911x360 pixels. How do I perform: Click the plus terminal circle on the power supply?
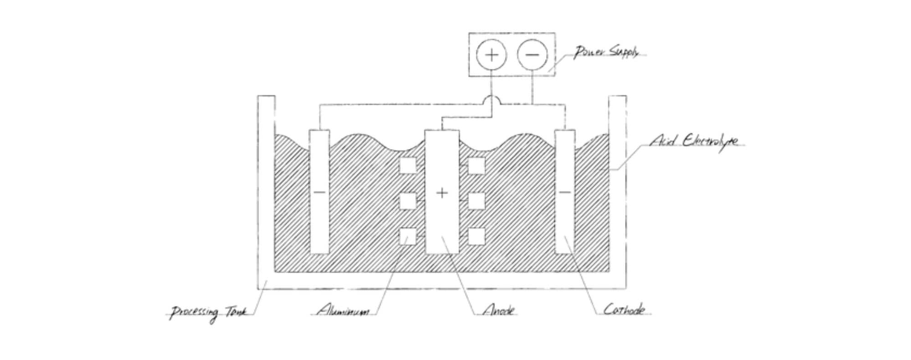click(x=491, y=55)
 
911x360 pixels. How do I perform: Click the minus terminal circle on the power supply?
click(x=532, y=55)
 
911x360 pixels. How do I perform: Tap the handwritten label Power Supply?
click(x=605, y=52)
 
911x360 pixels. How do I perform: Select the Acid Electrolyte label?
click(x=693, y=141)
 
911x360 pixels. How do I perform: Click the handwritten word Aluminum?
click(x=343, y=311)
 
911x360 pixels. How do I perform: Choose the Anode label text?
click(x=499, y=311)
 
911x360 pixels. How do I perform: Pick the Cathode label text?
click(x=624, y=310)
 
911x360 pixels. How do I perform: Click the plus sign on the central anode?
click(x=441, y=193)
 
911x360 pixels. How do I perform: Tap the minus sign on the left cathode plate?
click(x=319, y=192)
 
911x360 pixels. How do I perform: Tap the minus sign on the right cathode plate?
click(x=564, y=192)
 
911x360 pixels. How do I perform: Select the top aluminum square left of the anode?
click(x=408, y=165)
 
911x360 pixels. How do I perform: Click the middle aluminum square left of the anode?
click(x=408, y=201)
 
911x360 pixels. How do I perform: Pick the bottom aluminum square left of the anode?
click(x=408, y=236)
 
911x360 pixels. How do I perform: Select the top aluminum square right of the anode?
click(x=476, y=165)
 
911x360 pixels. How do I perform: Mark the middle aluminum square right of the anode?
click(x=476, y=201)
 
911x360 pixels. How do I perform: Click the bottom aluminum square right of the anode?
click(x=476, y=236)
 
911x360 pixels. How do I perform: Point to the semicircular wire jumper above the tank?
click(x=491, y=100)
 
